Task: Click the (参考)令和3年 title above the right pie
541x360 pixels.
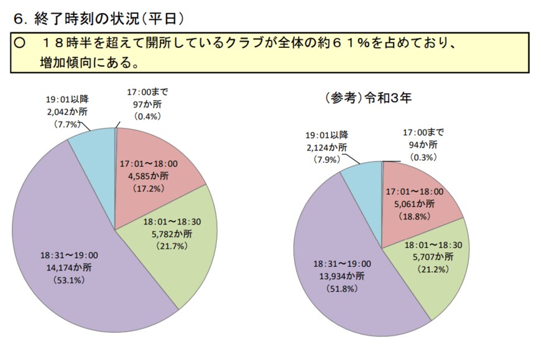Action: [x=368, y=98]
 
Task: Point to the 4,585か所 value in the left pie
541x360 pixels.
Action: [x=148, y=175]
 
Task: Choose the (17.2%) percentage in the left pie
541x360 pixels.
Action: [x=148, y=186]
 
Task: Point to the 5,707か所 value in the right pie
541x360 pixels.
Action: [x=433, y=256]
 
